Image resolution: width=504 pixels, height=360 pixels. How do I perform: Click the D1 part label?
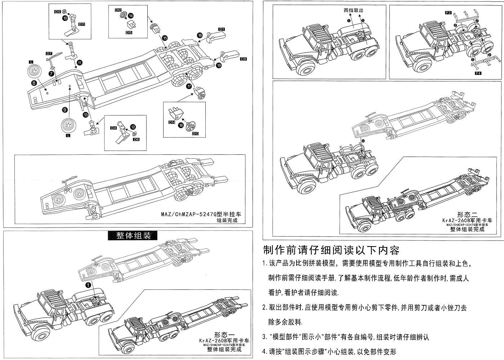pos(221,29)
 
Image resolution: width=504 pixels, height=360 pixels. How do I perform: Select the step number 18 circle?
pos(200,35)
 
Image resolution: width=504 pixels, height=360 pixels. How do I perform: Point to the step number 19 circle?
pos(219,66)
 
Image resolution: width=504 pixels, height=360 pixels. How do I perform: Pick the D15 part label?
pos(129,32)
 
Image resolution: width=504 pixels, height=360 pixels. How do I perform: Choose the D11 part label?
pos(81,24)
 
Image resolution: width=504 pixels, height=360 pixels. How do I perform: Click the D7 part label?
pos(49,54)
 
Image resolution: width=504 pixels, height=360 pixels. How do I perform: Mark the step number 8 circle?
pos(34,83)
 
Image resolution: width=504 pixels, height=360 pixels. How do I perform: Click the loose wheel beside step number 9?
pos(68,126)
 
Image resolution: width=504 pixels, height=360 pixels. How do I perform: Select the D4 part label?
pos(113,128)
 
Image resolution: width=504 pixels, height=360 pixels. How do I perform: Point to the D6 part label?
pos(136,139)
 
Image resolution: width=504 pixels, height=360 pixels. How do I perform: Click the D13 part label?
pos(196,134)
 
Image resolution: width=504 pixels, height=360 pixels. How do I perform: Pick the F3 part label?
pos(449,13)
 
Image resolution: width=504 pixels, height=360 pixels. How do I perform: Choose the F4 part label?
pos(478,73)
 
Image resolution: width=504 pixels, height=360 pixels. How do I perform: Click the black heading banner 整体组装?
pos(133,235)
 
